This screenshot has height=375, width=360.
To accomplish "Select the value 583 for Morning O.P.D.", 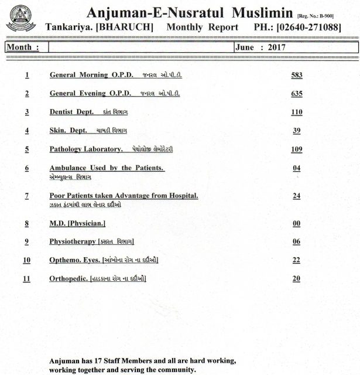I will tap(296, 76).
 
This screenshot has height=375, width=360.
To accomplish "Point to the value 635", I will tap(296, 94).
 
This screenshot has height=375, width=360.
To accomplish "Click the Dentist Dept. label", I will tap(72, 112).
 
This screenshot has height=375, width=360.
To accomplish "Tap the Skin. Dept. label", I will tap(68, 131).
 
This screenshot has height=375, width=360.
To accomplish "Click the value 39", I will tap(296, 131).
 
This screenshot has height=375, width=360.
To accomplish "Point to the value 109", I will tap(296, 150).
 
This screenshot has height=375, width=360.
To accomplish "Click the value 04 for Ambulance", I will tap(296, 169).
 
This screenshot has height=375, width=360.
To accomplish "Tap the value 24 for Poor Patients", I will tap(296, 196).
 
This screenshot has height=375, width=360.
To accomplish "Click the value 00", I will tap(296, 224).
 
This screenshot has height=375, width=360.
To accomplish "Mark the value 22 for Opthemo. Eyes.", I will tap(296, 260).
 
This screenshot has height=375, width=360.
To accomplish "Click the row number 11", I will tap(26, 279).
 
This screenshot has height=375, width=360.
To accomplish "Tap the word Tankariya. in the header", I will tap(67, 28).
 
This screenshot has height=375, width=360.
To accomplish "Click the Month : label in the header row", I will tap(23, 49).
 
